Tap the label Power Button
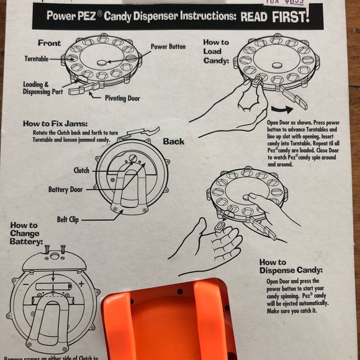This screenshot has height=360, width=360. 168,46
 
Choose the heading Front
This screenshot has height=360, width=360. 49,43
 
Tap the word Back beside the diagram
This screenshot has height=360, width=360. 174,142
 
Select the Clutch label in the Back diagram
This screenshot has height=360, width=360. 81,170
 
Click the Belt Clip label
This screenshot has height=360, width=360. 71,219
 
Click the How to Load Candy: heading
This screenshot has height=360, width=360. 216,52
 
